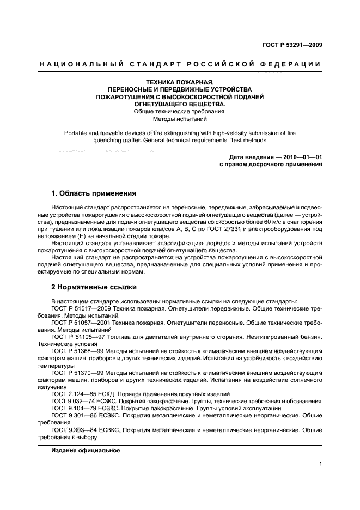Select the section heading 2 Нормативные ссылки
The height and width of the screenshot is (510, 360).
pos(94,287)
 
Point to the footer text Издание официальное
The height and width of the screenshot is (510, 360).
pos(86,451)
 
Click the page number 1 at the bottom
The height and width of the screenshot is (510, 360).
pos(321,464)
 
